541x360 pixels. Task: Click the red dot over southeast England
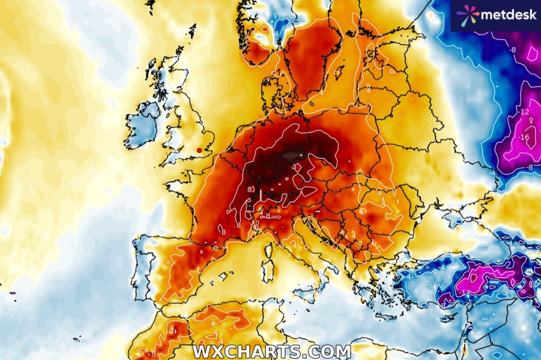click(199, 150)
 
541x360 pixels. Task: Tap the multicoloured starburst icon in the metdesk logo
click(467, 15)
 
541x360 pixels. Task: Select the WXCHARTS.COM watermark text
click(271, 352)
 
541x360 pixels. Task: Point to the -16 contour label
click(525, 137)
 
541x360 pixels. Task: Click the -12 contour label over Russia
click(525, 112)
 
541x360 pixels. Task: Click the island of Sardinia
click(268, 270)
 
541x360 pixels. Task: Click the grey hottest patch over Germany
click(290, 156)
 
